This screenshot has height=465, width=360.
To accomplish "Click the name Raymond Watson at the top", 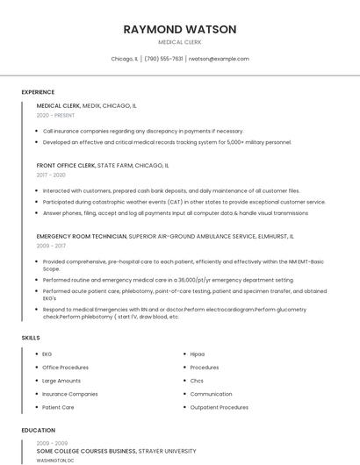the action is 180,29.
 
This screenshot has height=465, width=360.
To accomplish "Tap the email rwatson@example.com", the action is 219,59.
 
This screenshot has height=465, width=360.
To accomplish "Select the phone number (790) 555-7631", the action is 163,59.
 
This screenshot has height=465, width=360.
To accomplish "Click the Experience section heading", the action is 38,92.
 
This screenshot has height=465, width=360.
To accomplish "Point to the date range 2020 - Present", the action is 55,115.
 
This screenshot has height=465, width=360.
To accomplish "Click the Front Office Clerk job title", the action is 66,165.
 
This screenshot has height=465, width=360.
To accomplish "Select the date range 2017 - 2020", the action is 51,175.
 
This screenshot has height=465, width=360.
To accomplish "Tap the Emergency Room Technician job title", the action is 82,236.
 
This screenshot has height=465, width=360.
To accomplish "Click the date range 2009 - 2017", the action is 51,246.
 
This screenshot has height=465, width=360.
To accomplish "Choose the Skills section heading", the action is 31,338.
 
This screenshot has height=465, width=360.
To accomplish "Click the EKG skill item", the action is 47,354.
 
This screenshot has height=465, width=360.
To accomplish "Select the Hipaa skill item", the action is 198,354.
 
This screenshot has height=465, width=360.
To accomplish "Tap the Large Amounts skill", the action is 61,381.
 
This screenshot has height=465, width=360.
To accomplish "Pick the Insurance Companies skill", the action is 70,394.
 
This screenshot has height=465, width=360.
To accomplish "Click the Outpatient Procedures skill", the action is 219,407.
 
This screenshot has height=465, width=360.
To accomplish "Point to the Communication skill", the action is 211,394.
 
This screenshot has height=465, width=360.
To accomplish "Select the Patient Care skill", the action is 58,407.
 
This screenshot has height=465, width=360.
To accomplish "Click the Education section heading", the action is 38,431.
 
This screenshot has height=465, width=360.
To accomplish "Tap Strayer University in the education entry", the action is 167,450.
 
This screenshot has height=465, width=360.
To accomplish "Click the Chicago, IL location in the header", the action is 124,59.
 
